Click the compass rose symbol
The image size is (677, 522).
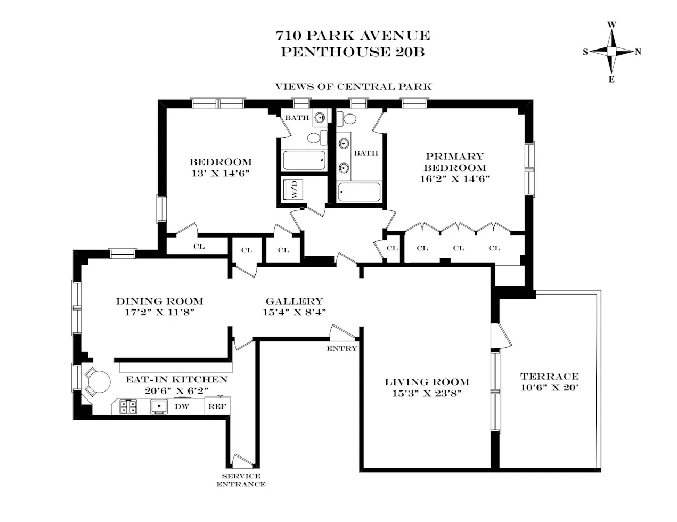pos(612,52)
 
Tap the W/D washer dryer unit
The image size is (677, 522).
pos(293,190)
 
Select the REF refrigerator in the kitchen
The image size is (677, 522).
pos(216,406)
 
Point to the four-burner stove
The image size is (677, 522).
pos(127,407)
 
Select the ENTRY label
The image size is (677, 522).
pos(341,348)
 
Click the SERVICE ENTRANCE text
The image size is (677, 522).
pos(241,480)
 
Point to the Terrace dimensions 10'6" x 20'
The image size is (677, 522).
pos(549,387)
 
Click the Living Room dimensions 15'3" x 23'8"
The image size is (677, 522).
pos(427,393)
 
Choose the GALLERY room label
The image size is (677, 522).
pos(294,301)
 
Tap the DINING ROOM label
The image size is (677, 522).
pos(159,301)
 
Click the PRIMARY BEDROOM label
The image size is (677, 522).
pos(454,162)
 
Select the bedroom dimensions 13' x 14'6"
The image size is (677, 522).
pos(221,173)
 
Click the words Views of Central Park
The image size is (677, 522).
pos(353,86)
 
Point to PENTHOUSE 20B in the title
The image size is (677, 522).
pos(353,52)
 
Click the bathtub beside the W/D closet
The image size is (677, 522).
pos(303,161)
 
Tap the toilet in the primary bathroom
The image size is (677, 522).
pos(350,118)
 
